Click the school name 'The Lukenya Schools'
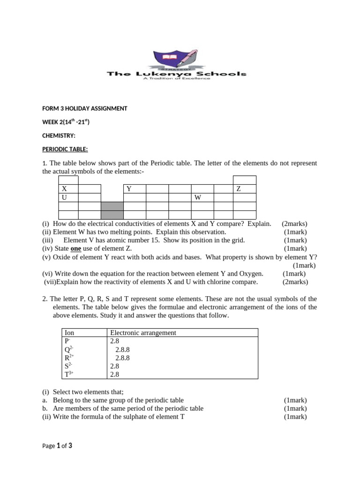(x=176, y=74)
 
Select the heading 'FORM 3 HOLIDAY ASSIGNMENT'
(x=84, y=108)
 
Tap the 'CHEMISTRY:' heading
(x=59, y=135)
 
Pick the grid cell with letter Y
(x=135, y=189)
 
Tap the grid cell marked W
(x=202, y=198)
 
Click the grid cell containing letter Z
(x=244, y=189)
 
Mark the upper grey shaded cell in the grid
(x=112, y=207)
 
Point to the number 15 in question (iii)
(x=154, y=240)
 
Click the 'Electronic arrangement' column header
(x=143, y=333)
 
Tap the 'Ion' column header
(x=69, y=333)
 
